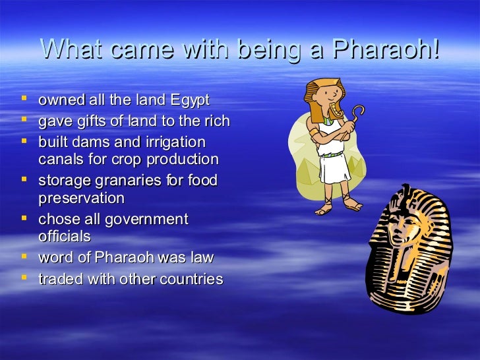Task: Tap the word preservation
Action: [81, 198]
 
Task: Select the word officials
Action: [65, 236]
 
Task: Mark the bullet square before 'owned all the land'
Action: [24, 100]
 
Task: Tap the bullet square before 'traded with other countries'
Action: [24, 278]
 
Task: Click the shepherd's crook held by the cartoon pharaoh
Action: [356, 116]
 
